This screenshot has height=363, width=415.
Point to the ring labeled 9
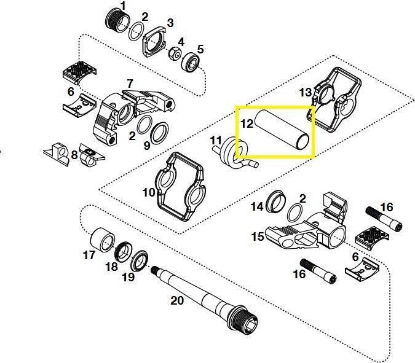pos(159,133)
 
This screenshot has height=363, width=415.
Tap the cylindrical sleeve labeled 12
pos(282,130)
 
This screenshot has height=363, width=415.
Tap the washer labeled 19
pos(140,259)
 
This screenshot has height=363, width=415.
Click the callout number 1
pos(123,6)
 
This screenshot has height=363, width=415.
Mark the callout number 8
pos(74,155)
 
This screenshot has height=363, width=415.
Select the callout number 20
pos(176,300)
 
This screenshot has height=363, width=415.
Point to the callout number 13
pos(306,92)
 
